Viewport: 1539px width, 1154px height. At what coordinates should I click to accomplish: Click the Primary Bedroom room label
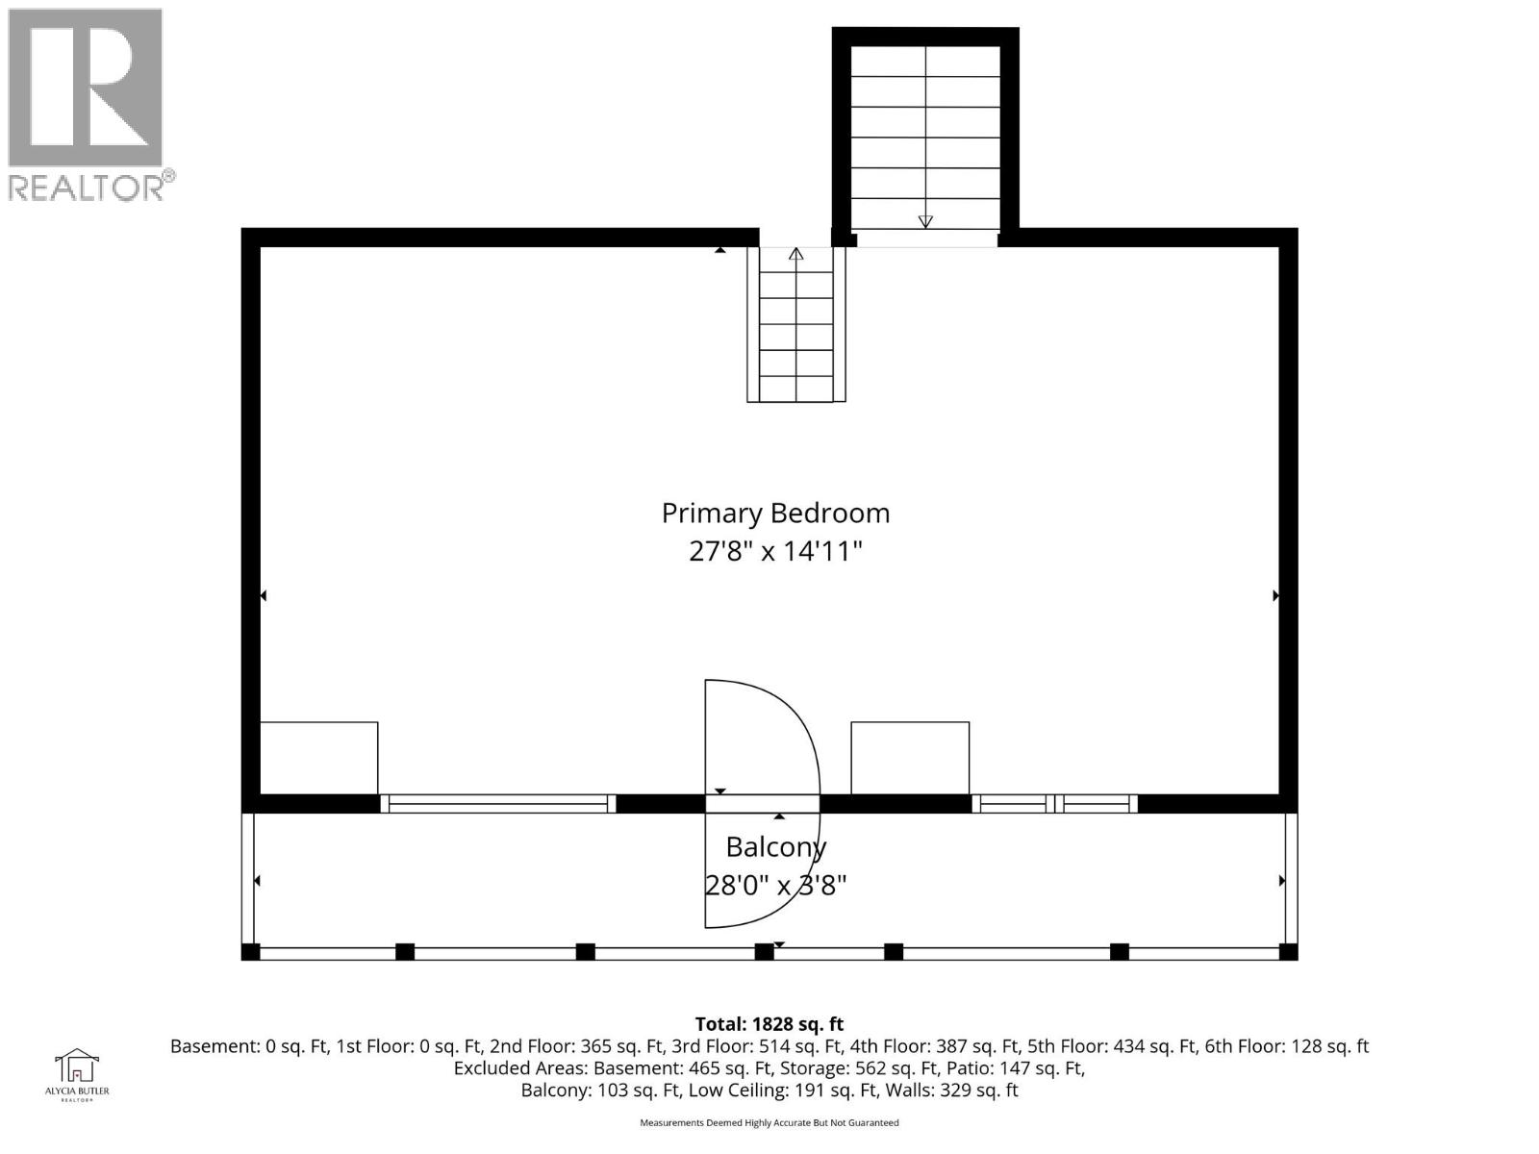[775, 513]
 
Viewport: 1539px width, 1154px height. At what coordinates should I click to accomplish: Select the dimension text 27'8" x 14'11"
[775, 552]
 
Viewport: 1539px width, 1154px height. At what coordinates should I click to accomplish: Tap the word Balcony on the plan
[775, 847]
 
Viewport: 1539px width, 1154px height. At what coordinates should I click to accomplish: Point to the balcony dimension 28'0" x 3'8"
[775, 885]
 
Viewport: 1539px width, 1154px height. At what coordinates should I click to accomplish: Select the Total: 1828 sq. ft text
[769, 1024]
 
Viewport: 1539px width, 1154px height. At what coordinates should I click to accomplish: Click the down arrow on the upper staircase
[925, 221]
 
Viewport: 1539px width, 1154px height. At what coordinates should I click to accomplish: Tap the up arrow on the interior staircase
[795, 255]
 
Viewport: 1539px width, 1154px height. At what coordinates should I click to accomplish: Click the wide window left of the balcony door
[498, 804]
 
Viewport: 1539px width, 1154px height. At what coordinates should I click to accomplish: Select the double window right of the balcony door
[1054, 804]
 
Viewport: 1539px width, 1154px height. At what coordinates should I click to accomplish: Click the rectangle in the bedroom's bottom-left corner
[318, 758]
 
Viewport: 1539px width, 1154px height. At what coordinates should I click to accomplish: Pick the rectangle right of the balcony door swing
[910, 758]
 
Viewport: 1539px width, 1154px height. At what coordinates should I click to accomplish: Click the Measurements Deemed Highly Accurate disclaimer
[769, 1122]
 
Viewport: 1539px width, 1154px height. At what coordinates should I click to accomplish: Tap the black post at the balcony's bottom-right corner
[1288, 952]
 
